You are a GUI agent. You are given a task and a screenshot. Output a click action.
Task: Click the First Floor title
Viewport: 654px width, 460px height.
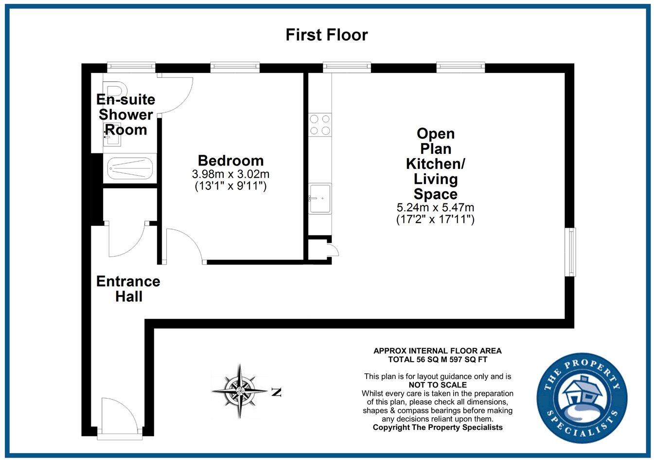(x=326, y=35)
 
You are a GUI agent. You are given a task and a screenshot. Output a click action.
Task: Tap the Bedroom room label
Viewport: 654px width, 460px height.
(x=230, y=161)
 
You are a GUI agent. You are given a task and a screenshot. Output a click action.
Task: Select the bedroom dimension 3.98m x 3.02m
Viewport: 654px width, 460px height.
(x=230, y=174)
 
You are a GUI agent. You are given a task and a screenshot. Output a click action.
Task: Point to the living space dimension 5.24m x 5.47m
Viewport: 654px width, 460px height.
(x=435, y=208)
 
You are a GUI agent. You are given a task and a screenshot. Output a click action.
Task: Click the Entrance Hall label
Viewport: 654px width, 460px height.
(x=128, y=289)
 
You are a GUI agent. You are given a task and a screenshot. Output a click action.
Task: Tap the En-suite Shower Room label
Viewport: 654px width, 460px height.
(x=126, y=115)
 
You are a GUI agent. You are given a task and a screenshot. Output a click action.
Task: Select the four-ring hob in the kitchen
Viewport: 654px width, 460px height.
(x=320, y=124)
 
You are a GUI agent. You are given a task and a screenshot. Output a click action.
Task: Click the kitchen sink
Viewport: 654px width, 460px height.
(x=320, y=198)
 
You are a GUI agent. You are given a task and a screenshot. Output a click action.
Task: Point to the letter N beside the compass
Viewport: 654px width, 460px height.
(x=276, y=392)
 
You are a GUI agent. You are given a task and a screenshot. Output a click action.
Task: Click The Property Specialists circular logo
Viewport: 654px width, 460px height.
(x=582, y=398)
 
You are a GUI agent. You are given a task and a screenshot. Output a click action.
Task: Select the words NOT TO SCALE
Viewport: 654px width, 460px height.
(x=438, y=385)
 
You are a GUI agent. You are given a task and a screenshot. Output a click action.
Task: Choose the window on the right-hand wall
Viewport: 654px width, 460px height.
(x=570, y=252)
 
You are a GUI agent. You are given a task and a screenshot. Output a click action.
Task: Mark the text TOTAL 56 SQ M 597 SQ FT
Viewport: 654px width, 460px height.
(x=437, y=360)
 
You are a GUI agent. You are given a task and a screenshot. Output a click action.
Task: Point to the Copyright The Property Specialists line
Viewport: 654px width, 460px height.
(x=437, y=427)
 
